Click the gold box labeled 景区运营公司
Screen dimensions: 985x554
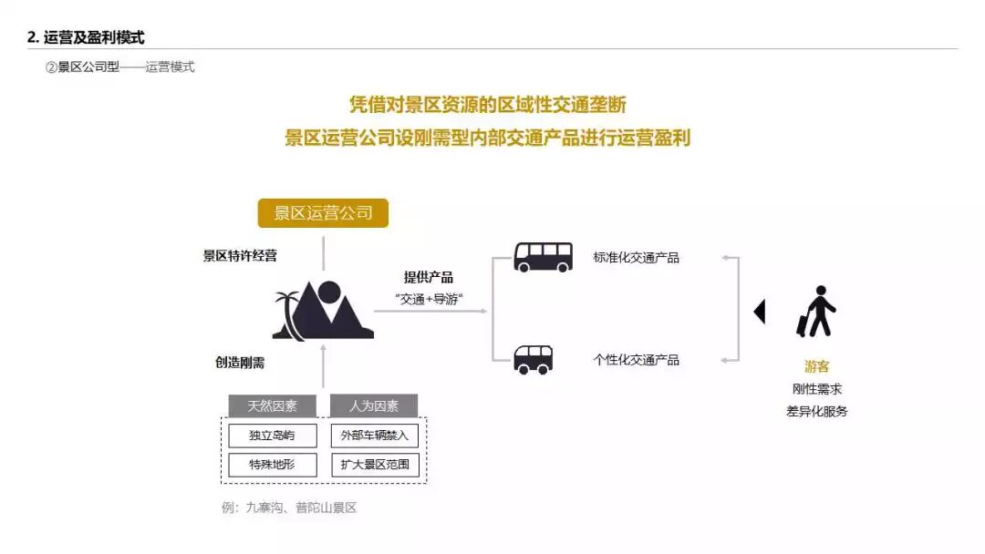[323, 213]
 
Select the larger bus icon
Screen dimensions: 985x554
[543, 257]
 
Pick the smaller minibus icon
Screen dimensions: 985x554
[533, 359]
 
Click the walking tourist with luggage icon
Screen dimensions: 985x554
[816, 312]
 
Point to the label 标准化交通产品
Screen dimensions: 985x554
[636, 258]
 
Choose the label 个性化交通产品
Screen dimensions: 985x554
[636, 360]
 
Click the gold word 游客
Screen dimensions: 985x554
[816, 366]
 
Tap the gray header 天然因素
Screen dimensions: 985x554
[272, 406]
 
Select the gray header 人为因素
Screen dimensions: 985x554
[374, 406]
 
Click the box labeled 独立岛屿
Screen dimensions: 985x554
[272, 435]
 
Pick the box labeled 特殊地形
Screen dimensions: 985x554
[272, 465]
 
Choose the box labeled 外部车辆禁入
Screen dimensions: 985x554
[374, 435]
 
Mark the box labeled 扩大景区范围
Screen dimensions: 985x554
[374, 465]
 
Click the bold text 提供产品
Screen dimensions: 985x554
[428, 278]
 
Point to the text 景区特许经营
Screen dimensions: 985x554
[240, 256]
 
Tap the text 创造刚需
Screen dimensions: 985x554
[240, 362]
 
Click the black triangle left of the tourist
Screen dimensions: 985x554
[759, 312]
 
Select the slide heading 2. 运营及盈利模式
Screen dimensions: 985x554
[86, 37]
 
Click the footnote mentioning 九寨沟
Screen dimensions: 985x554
[288, 508]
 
